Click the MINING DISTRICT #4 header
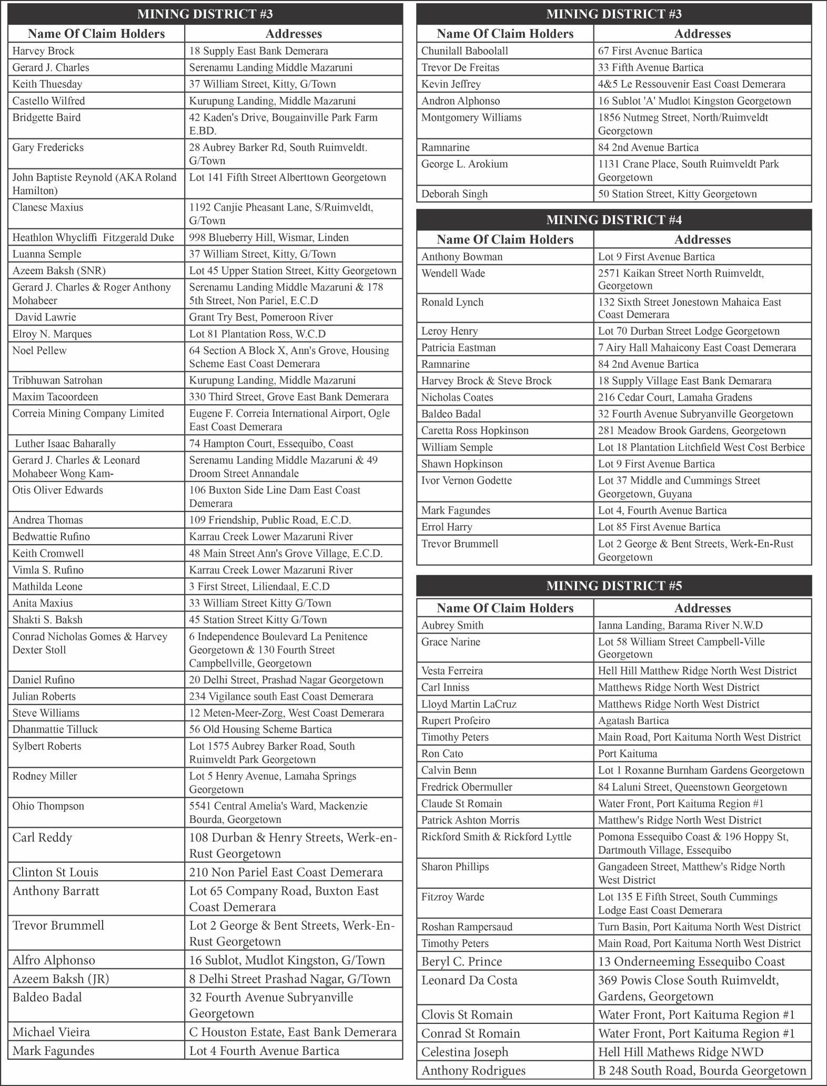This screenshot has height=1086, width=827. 613,219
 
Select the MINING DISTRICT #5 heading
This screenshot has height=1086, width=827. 613,586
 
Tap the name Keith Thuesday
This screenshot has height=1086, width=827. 47,84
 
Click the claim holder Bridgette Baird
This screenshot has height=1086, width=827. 47,117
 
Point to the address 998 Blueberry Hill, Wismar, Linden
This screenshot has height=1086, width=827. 269,237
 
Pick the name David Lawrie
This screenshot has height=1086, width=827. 45,317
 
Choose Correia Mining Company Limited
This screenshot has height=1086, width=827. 88,414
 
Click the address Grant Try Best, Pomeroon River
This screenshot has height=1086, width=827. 261,317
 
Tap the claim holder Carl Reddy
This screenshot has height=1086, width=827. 42,838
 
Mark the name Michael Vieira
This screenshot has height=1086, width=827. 51,1032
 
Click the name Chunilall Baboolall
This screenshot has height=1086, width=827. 465,51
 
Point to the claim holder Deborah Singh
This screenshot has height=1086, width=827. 455,194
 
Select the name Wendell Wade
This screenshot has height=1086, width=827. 453,273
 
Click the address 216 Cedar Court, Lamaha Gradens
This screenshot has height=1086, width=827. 675,397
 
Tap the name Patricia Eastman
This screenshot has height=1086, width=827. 458,348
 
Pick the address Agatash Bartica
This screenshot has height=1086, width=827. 633,720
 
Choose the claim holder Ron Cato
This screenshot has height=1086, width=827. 442,753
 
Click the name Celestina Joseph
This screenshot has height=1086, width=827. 465,1052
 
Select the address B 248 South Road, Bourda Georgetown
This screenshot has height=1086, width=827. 702,1070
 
